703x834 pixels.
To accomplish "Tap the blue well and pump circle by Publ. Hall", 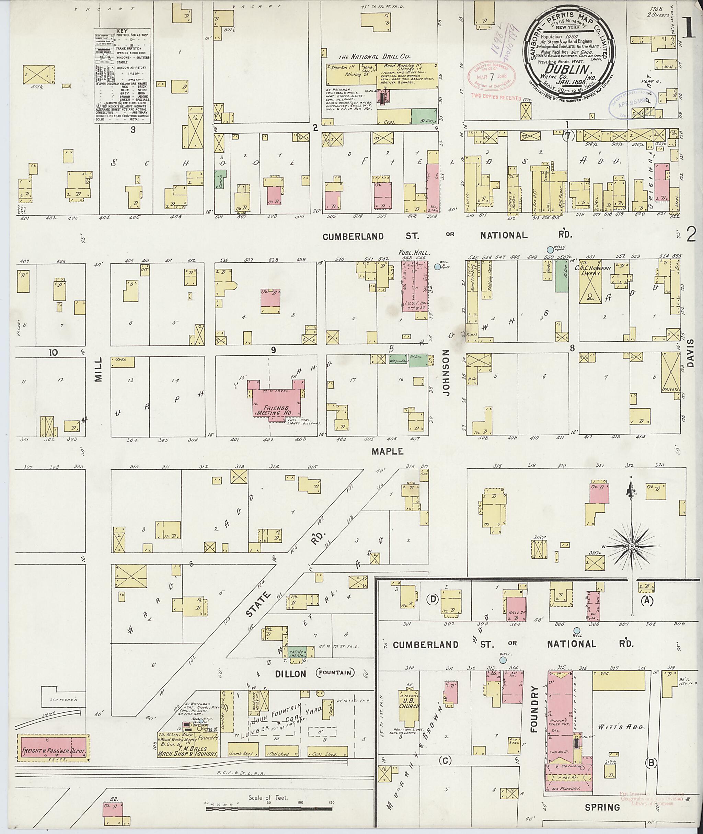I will pos(437,267).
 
